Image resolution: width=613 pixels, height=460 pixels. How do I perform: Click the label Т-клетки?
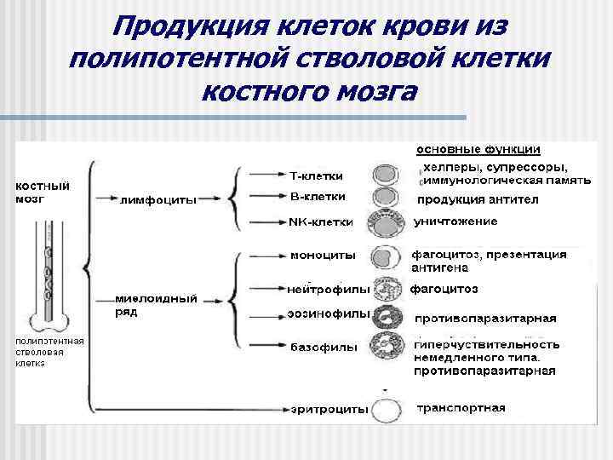point(317,176)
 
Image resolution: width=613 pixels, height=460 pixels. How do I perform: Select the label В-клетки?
point(318,197)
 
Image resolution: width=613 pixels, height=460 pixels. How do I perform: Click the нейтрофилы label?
point(328,287)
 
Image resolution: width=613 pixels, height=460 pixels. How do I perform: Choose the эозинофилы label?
point(329,313)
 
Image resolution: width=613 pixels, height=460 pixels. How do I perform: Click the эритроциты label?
point(329,409)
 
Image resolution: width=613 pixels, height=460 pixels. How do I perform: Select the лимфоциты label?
point(159,200)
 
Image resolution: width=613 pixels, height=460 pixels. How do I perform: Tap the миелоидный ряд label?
point(157,305)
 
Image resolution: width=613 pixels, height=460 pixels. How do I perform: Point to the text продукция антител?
point(477,200)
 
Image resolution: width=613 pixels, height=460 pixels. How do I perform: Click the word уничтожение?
point(455,221)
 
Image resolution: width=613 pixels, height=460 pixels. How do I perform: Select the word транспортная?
point(461,408)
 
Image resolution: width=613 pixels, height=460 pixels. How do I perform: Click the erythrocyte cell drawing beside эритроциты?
point(388,410)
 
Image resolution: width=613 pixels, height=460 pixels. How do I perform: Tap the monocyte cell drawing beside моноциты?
point(386,256)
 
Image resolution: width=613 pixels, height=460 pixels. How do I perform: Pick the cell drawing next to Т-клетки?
point(386,176)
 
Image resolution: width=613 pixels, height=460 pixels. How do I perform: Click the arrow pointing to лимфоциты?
point(106,199)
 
